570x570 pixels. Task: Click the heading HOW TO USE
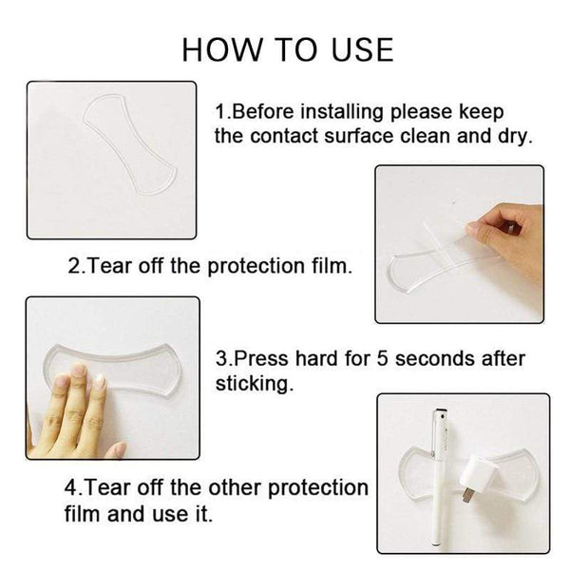click(x=286, y=49)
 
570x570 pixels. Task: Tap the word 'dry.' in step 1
click(x=512, y=136)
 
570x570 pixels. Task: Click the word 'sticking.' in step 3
click(x=253, y=384)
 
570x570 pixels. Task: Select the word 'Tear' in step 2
click(x=113, y=267)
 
